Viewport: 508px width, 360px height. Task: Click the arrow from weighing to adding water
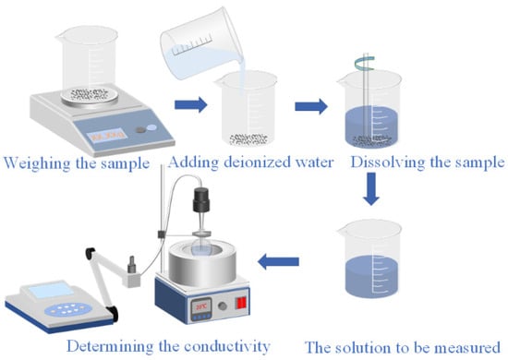click(x=191, y=104)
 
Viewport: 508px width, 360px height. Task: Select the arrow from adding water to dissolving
click(x=311, y=106)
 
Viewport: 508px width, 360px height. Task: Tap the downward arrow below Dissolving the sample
click(x=371, y=189)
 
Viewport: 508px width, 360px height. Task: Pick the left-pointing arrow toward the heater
click(x=278, y=261)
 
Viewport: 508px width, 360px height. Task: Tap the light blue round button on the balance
click(x=151, y=127)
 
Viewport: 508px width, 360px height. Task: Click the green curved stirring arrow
click(x=365, y=64)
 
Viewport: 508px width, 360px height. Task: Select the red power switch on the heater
click(x=242, y=303)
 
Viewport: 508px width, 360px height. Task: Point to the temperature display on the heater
click(x=201, y=306)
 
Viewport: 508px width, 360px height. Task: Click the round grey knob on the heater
click(x=223, y=306)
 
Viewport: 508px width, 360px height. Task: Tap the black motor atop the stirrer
click(x=201, y=199)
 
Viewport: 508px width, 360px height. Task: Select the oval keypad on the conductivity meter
click(x=67, y=309)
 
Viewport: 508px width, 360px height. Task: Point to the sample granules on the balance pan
click(x=90, y=94)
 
